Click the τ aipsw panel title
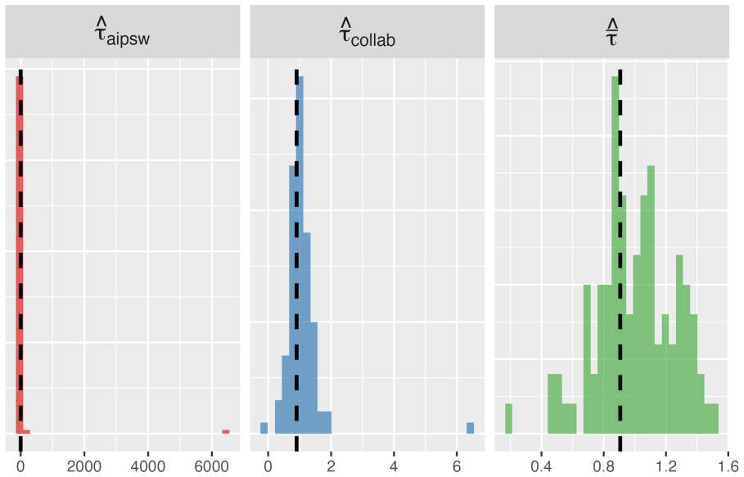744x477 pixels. coord(123,33)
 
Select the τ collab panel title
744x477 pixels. coord(367,33)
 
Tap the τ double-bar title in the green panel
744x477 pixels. coord(611,32)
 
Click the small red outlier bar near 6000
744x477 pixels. coord(226,431)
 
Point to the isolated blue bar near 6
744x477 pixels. coord(471,428)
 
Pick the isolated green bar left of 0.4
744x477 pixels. coord(508,418)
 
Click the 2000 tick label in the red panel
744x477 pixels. coord(84,466)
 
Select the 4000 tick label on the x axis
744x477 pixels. coord(147,466)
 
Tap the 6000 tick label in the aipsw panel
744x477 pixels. coord(212,466)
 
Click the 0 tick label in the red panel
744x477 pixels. coord(20,466)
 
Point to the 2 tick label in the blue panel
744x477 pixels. coord(331,466)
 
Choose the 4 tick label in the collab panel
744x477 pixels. coord(394,466)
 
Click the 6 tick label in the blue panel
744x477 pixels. coord(457,466)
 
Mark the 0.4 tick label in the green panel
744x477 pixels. coord(541,466)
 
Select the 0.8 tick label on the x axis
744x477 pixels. coord(603,466)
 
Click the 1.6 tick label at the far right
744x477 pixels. coord(731,466)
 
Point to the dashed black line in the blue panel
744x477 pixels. coord(296,260)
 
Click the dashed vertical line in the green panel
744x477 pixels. coord(620,260)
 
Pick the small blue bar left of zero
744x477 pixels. coord(264,428)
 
